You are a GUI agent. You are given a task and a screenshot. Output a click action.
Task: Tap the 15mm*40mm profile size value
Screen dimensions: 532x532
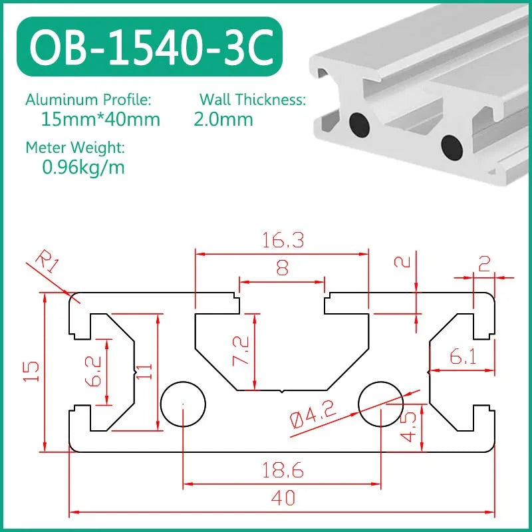[100, 120]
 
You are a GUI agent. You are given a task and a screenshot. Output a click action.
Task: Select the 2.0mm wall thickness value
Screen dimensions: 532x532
[223, 120]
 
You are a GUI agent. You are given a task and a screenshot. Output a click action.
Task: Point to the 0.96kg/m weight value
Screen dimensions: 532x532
[83, 167]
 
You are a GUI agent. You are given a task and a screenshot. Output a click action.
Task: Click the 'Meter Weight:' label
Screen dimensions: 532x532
[74, 147]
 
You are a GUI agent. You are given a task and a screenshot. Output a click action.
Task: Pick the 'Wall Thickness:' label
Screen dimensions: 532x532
[253, 100]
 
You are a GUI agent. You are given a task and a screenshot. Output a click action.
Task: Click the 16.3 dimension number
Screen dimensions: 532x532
[281, 240]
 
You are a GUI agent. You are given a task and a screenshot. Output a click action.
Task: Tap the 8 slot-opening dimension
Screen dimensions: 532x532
[282, 269]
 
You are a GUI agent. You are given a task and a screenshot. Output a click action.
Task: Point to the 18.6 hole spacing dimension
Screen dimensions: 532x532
[283, 471]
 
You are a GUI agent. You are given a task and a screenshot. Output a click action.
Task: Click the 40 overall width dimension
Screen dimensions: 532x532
[283, 497]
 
